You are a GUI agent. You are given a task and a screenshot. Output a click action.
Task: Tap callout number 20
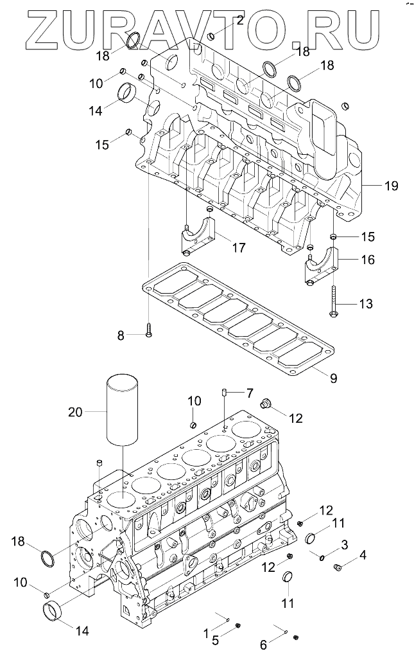(x=75, y=412)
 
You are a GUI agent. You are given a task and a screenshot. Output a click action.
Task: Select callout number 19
(x=391, y=186)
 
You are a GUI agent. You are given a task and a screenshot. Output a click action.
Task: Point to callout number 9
(x=333, y=378)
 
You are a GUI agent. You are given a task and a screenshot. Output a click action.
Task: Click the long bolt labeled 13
(x=334, y=298)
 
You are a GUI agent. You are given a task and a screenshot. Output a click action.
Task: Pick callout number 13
(x=365, y=303)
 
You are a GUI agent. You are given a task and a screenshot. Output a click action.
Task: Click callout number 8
(x=120, y=335)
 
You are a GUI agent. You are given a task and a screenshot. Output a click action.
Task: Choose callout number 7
(x=249, y=392)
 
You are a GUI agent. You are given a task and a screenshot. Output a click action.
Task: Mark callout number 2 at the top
(x=239, y=20)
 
